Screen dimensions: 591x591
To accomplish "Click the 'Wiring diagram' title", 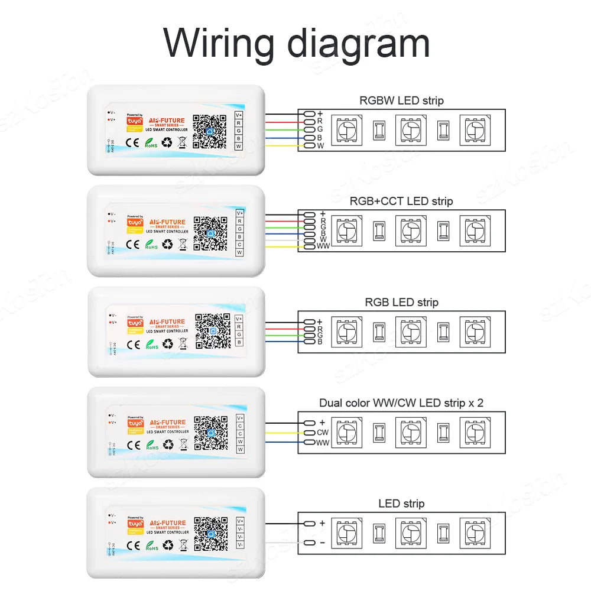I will point(296,43).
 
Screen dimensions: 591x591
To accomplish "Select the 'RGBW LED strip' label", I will point(401,100).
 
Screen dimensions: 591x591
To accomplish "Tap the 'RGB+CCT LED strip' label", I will point(401,202).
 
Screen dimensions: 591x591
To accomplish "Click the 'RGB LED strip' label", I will point(401,303).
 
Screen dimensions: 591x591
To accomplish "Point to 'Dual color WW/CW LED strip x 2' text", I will point(401,403).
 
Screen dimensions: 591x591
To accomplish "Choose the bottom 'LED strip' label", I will point(401,504).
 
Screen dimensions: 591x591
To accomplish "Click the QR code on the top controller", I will point(210,131).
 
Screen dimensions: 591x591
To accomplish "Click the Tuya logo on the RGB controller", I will point(135,323).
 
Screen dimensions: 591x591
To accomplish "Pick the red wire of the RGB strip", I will point(284,329).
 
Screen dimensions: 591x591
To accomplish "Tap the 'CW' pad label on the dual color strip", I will point(322,433).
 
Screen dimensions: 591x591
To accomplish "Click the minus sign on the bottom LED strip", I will point(322,543).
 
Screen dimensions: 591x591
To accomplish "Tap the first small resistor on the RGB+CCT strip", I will point(378,230).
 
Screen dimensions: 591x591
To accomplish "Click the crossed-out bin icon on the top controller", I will point(183,142).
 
